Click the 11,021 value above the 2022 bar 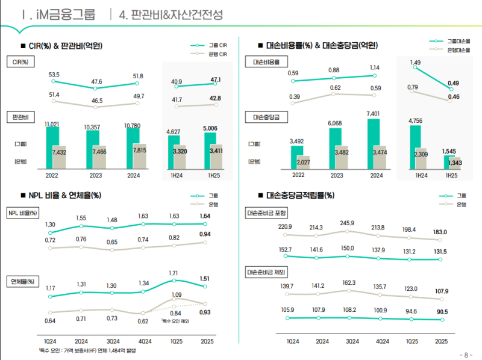click(52, 124)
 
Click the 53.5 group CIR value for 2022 click(54, 75)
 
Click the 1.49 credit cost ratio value click(415, 63)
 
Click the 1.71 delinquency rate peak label click(173, 273)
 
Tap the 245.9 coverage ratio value click(346, 223)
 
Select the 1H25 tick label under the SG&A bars click(210, 176)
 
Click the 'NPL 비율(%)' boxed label click(22, 213)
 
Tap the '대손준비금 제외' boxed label click(267, 272)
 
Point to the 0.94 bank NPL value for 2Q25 click(205, 234)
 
